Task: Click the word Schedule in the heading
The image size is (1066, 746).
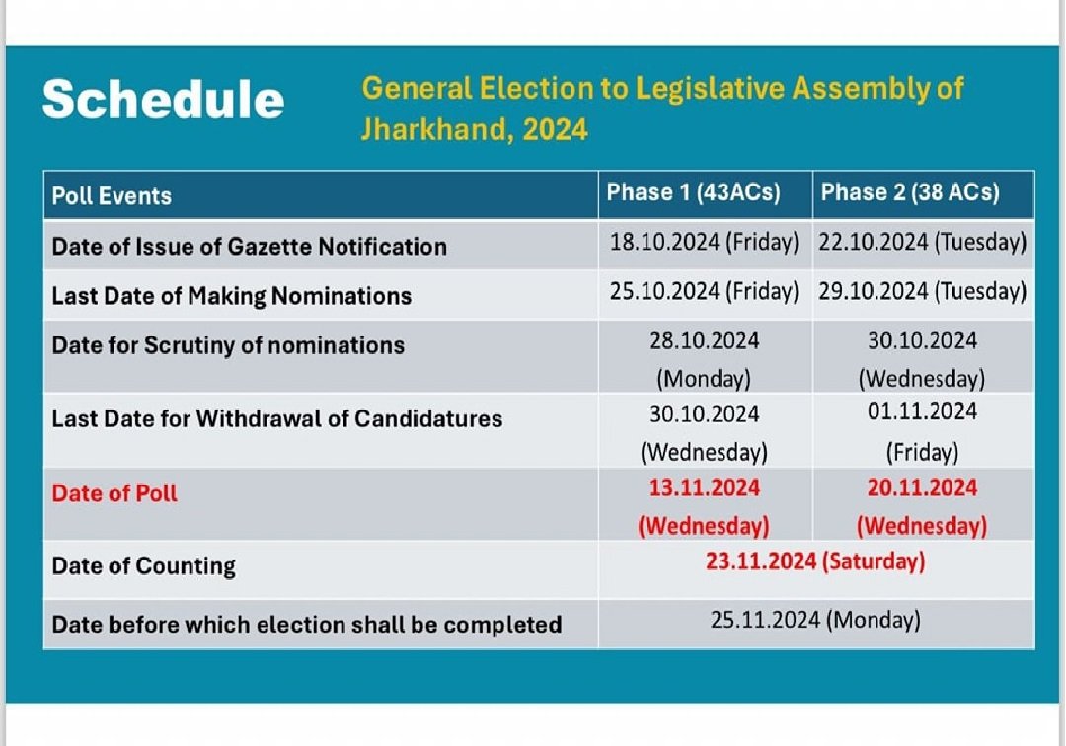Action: pos(163,100)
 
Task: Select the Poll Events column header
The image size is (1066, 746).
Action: pos(112,195)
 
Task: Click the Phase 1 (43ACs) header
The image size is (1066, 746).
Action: pos(693,192)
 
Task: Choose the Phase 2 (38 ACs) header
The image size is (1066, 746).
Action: pos(909,192)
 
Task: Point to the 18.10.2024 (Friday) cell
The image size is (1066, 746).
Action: pos(704,243)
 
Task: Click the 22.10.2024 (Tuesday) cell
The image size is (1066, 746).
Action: pos(922,243)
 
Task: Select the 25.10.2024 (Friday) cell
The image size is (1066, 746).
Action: pos(704,292)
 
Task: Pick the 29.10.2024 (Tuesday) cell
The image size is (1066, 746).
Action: pos(922,292)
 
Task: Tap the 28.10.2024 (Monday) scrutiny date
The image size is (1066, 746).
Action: pos(704,358)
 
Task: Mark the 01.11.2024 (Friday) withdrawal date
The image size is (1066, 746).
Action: pos(922,430)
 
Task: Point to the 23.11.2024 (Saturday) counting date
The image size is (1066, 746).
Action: pos(815,561)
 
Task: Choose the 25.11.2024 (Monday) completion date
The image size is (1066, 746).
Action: pos(815,621)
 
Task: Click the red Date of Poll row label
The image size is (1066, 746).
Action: pos(114,493)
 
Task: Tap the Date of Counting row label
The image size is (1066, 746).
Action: pos(144,566)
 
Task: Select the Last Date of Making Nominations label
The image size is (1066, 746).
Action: pos(231,295)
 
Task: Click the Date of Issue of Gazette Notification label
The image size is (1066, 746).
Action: pos(249,246)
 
